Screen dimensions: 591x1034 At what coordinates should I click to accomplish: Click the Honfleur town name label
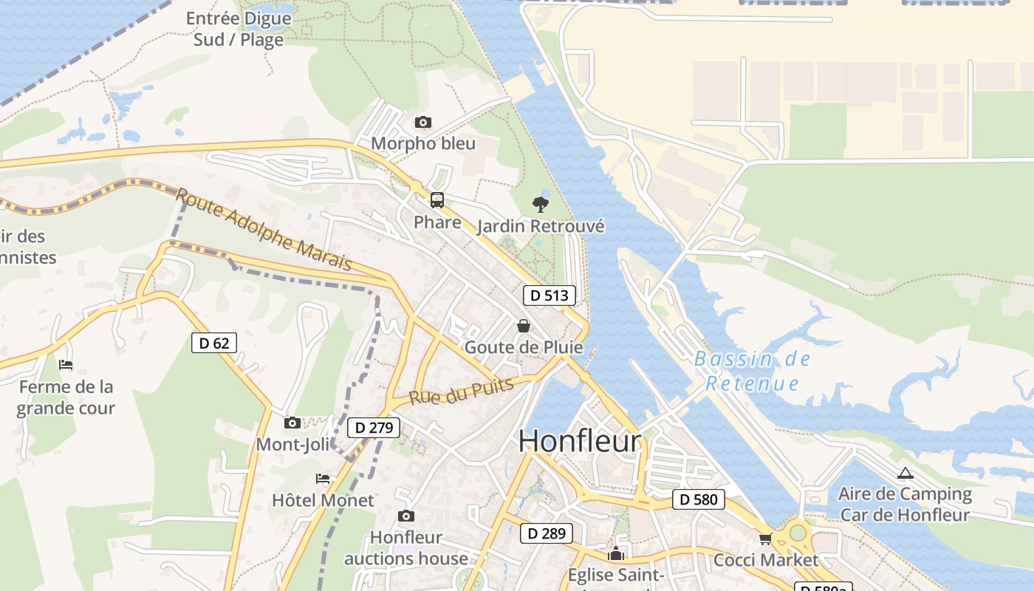(x=580, y=441)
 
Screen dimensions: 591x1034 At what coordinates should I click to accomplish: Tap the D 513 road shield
(x=549, y=295)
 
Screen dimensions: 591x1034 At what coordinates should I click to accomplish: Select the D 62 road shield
(x=214, y=343)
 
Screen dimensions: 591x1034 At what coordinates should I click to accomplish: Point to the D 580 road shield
(x=698, y=499)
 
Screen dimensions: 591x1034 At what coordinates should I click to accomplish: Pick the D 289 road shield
(x=547, y=533)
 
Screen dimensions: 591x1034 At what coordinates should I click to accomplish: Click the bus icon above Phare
(x=437, y=199)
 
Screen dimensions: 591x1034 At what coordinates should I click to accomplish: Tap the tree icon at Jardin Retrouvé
(x=541, y=205)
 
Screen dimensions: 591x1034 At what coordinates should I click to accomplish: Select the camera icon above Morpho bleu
(x=422, y=122)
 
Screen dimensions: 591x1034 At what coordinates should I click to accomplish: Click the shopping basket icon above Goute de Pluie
(x=524, y=326)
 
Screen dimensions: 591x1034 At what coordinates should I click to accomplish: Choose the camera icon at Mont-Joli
(x=292, y=423)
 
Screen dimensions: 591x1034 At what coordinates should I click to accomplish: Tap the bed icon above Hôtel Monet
(x=323, y=479)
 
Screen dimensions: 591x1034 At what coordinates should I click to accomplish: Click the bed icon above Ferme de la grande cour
(x=66, y=365)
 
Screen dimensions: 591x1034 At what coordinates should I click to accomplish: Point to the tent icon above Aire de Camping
(x=905, y=473)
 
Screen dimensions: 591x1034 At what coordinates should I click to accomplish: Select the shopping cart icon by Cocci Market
(x=765, y=539)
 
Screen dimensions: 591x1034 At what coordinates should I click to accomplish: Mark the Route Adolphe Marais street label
(x=263, y=230)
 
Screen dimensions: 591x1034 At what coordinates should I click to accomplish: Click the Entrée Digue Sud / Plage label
(x=239, y=29)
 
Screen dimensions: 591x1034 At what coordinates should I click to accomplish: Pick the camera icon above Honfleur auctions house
(x=405, y=516)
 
